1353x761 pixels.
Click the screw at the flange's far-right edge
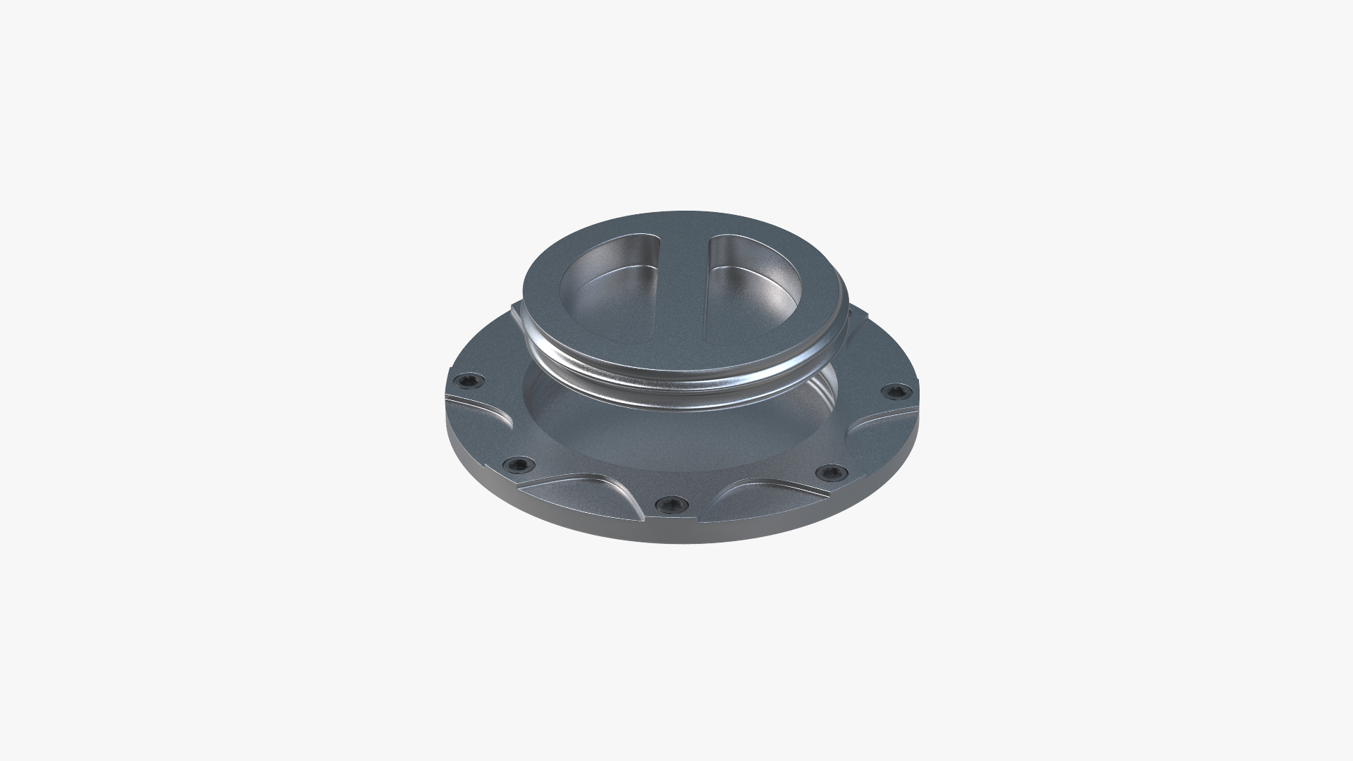point(896,391)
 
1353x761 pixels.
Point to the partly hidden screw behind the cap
point(851,311)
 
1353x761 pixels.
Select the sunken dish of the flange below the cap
point(676,437)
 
